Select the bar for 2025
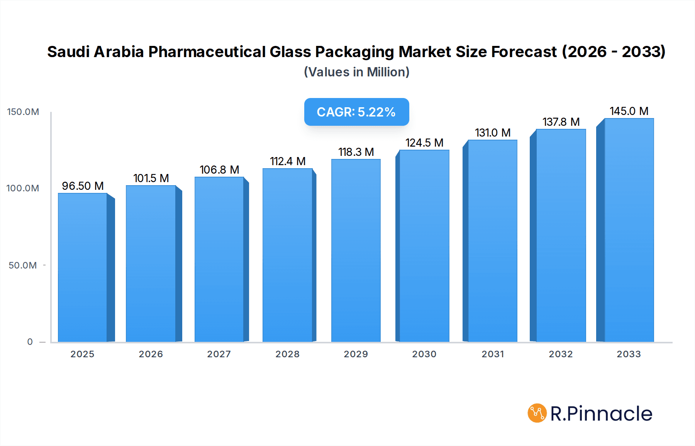[83, 267]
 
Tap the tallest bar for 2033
[629, 230]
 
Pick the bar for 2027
[219, 259]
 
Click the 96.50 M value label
[83, 186]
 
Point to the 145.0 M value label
[629, 111]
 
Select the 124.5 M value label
[424, 143]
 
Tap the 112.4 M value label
[288, 161]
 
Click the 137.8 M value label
[561, 122]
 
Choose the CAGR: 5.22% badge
[356, 112]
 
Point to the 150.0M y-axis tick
[23, 112]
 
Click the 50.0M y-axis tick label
[23, 265]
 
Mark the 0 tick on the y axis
[30, 342]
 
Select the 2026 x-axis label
[151, 354]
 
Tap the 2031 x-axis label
[493, 354]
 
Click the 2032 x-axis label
[561, 354]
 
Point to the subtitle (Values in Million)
[356, 72]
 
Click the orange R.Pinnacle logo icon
[537, 413]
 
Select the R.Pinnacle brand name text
[601, 414]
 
